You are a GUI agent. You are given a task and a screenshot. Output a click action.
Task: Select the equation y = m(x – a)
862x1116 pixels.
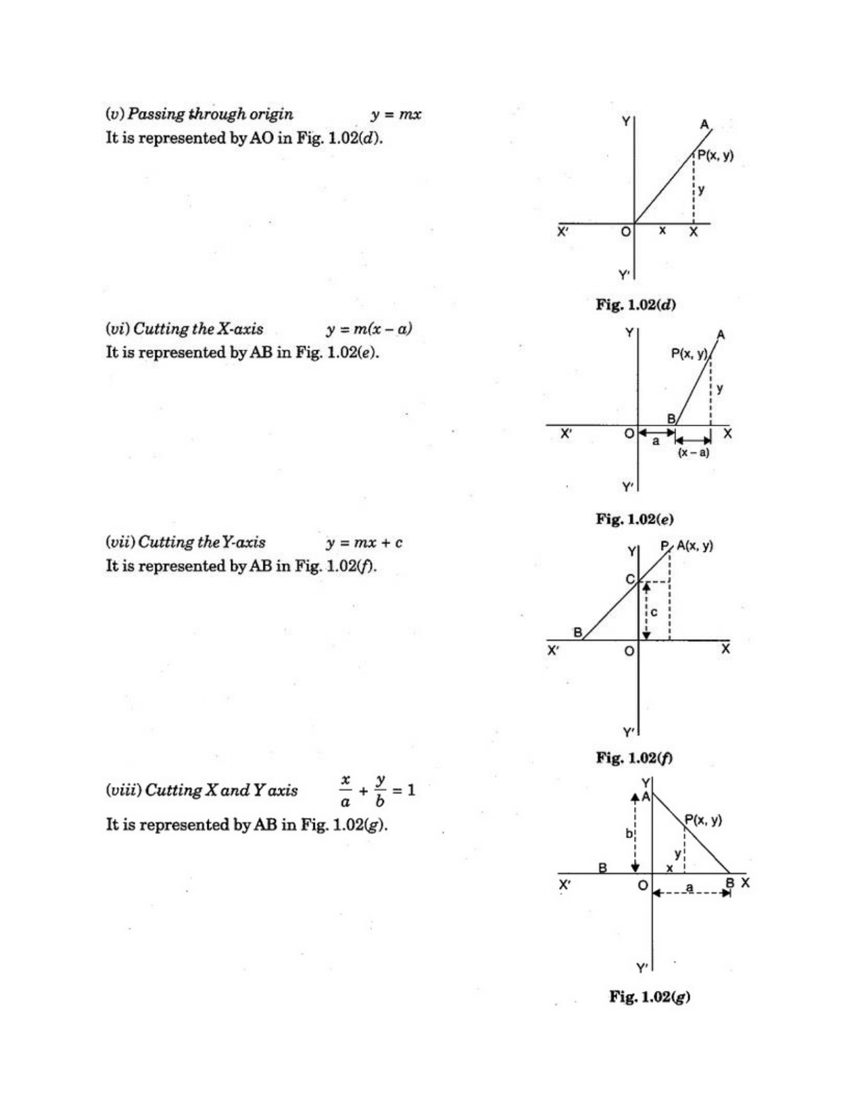tap(369, 329)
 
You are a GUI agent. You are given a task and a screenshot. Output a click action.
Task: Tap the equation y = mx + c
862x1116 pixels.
tap(364, 542)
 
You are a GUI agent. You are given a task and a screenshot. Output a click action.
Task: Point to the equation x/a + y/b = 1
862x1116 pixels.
tap(377, 790)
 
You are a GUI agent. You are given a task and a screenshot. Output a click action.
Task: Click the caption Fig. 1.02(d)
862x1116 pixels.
tap(636, 304)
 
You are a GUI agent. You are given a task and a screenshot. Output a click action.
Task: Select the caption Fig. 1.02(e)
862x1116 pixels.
tap(635, 519)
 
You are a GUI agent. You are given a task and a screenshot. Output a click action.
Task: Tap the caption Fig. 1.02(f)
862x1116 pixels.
tap(633, 758)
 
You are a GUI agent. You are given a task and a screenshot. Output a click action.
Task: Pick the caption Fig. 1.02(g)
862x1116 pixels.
tap(650, 996)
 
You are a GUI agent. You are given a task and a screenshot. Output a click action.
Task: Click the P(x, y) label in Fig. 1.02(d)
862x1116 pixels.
tap(715, 156)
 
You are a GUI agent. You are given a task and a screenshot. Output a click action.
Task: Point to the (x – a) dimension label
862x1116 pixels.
tap(694, 452)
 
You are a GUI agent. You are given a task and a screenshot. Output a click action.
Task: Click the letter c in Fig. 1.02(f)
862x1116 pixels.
tap(654, 612)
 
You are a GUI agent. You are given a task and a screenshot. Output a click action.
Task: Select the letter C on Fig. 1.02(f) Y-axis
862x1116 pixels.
tap(629, 579)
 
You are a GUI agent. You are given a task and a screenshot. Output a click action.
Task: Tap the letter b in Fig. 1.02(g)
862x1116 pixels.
tap(628, 833)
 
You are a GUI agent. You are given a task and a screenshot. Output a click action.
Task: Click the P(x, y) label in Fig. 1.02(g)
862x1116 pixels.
tap(703, 820)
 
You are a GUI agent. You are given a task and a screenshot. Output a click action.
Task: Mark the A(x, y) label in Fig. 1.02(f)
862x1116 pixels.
tap(694, 546)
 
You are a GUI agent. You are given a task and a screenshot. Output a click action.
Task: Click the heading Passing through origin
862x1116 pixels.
tap(210, 114)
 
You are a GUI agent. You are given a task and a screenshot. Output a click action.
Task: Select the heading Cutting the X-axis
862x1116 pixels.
tap(198, 329)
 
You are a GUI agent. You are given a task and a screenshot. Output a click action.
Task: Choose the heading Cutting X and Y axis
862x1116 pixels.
tap(221, 790)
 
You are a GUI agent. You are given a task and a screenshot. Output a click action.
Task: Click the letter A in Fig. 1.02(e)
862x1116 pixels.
tap(721, 334)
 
